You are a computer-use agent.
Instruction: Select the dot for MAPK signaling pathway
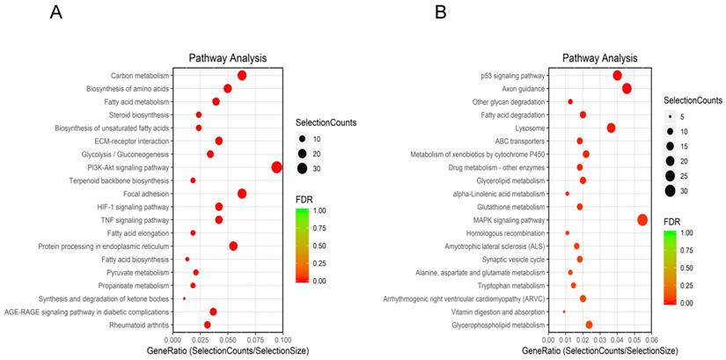click(x=642, y=220)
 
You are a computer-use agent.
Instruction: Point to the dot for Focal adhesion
click(x=242, y=194)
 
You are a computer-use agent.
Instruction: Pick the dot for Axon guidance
click(x=627, y=88)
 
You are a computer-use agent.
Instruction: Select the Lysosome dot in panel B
click(x=611, y=128)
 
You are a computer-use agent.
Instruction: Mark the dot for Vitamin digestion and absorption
click(x=564, y=312)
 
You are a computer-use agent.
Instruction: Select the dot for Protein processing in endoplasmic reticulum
click(x=233, y=246)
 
